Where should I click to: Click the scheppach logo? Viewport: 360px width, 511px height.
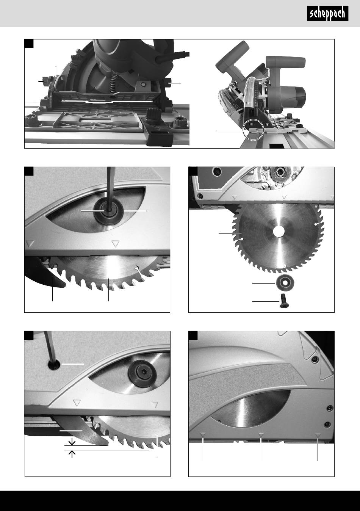[327, 14]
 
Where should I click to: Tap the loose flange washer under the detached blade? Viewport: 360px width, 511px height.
[285, 283]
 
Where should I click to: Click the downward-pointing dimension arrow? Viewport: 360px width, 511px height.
[72, 442]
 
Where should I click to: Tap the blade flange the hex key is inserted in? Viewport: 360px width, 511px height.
[108, 213]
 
